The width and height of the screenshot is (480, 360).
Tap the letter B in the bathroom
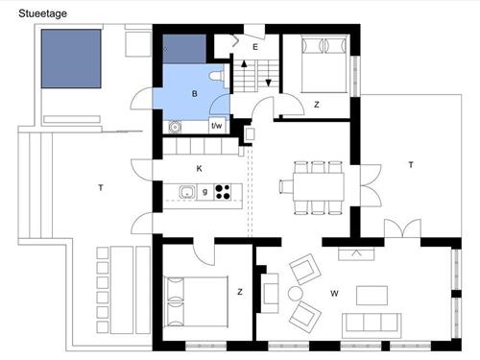195,93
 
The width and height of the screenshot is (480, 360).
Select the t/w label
217,125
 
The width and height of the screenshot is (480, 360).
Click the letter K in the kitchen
199,168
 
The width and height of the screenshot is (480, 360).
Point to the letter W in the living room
334,292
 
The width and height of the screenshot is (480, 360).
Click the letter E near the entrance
255,46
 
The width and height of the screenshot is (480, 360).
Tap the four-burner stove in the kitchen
224,192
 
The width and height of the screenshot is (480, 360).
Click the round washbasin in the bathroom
175,126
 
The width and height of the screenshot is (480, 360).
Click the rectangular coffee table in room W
373,295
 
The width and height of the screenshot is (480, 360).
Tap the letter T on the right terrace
411,165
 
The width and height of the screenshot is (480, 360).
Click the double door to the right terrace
398,231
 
